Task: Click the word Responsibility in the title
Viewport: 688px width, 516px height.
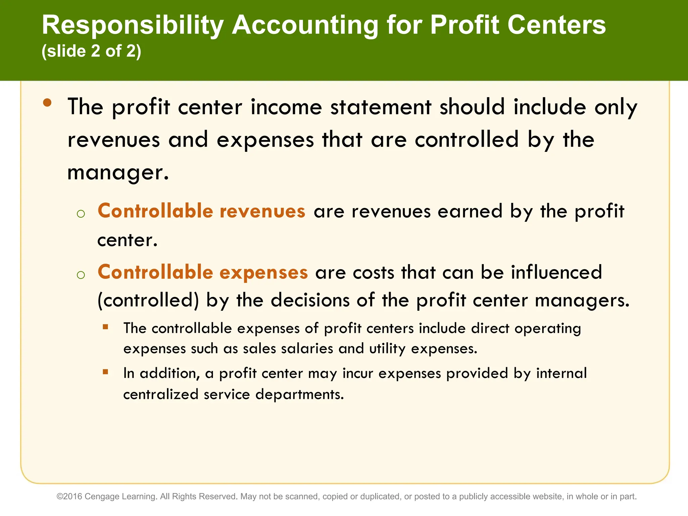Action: click(x=133, y=26)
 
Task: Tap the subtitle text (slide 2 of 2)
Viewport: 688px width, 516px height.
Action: click(x=91, y=51)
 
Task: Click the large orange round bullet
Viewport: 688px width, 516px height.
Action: click(x=47, y=103)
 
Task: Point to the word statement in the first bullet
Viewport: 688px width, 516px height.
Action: click(x=381, y=107)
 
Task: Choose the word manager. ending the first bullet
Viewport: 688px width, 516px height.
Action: click(x=118, y=172)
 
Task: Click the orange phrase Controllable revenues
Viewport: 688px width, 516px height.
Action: click(x=201, y=211)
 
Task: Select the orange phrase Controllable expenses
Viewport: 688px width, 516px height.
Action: click(x=203, y=272)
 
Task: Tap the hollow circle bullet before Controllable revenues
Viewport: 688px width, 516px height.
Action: click(x=81, y=214)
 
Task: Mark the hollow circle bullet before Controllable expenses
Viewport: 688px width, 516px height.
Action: click(x=81, y=275)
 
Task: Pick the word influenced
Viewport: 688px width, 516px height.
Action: click(x=556, y=272)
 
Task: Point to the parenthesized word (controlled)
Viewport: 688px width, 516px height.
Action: click(x=148, y=300)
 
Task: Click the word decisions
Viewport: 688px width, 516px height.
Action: click(x=310, y=300)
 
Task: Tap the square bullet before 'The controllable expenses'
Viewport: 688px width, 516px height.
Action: click(x=105, y=327)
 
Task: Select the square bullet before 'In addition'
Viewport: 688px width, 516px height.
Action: click(x=105, y=372)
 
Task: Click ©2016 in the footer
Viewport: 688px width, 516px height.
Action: click(x=69, y=497)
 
